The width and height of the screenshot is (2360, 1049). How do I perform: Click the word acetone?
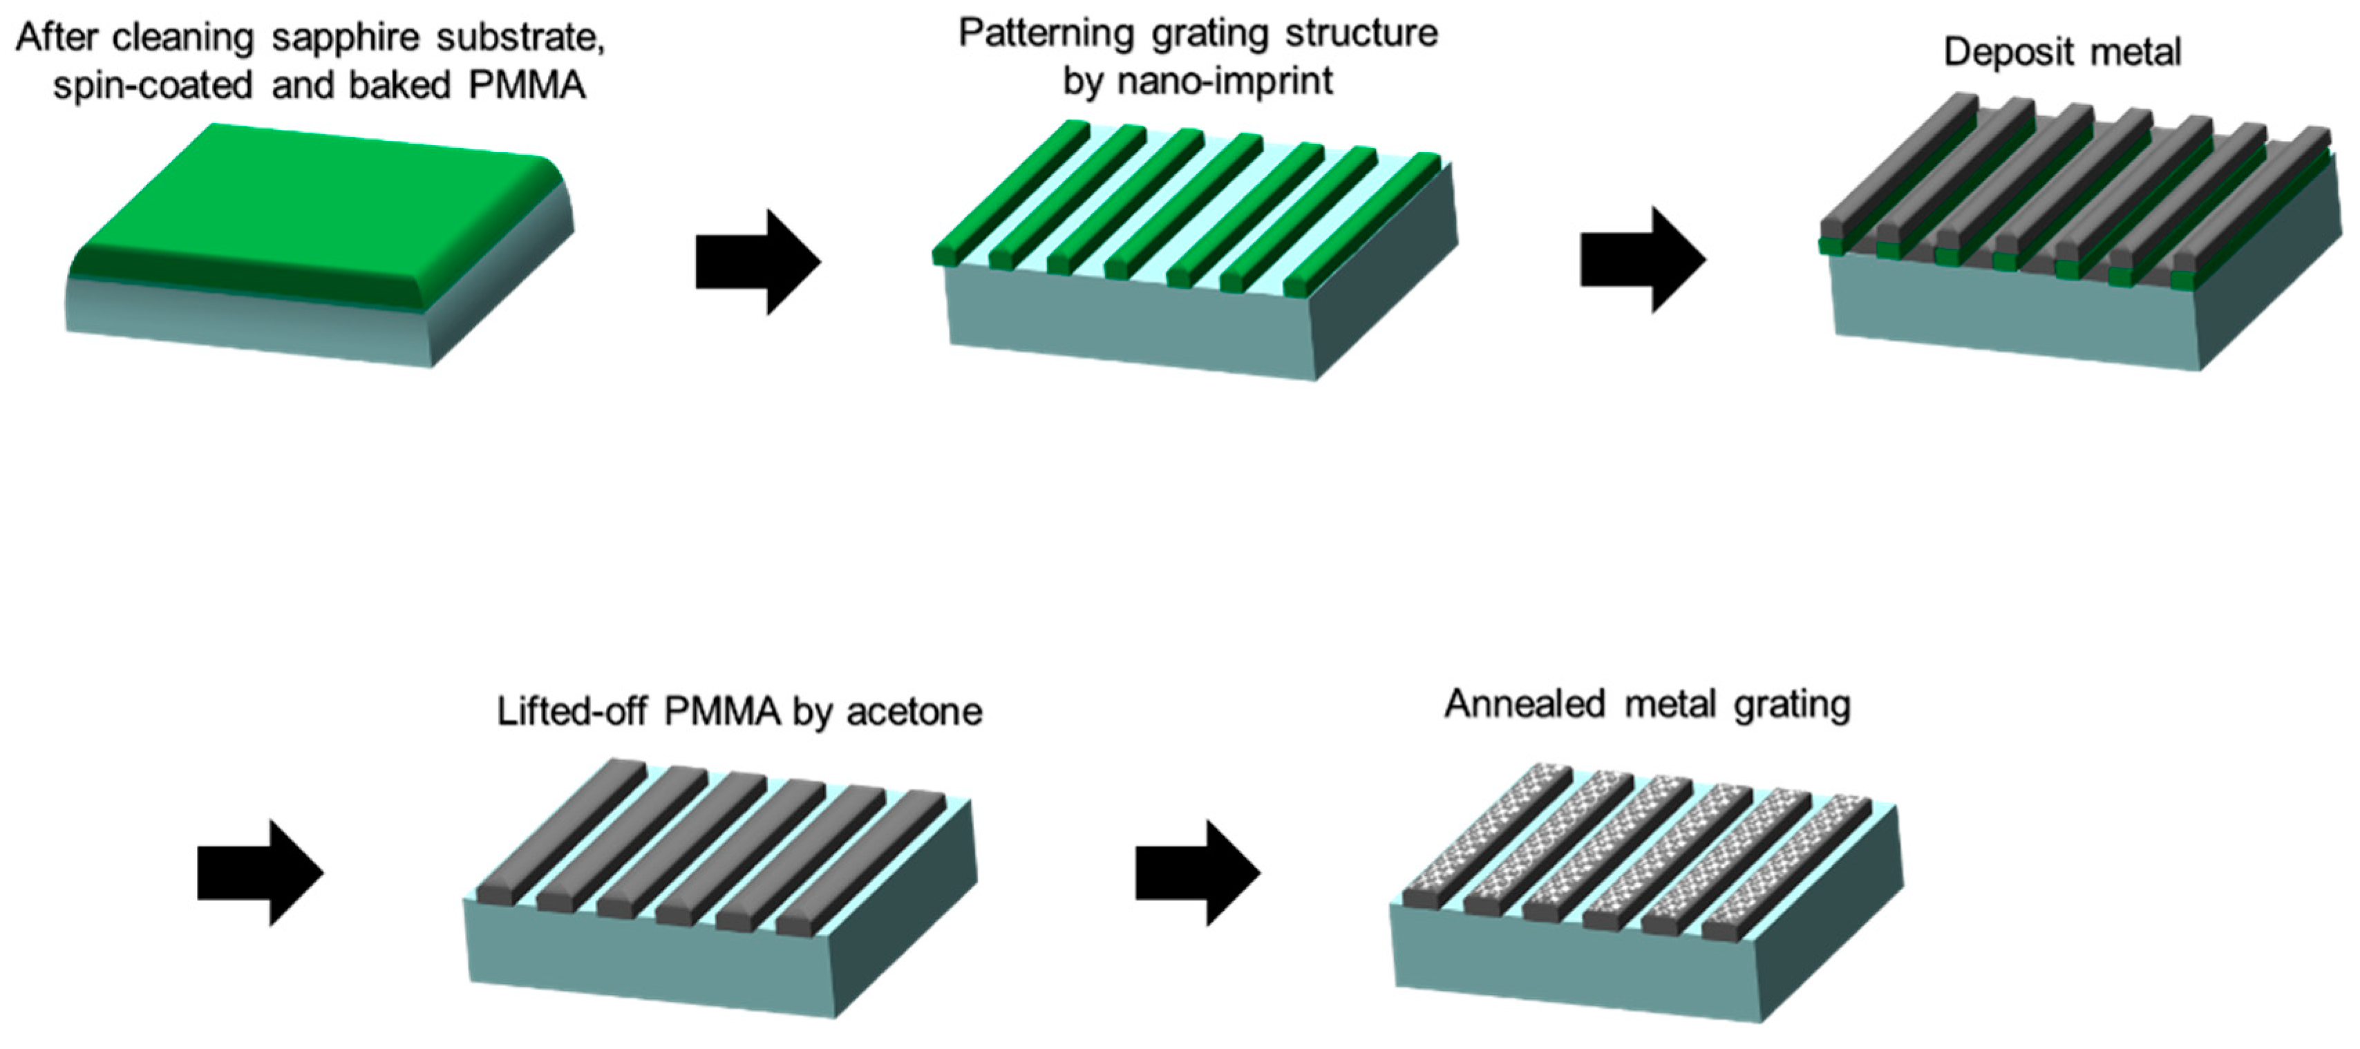[914, 712]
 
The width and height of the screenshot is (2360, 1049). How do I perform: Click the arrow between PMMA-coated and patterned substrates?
[757, 263]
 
